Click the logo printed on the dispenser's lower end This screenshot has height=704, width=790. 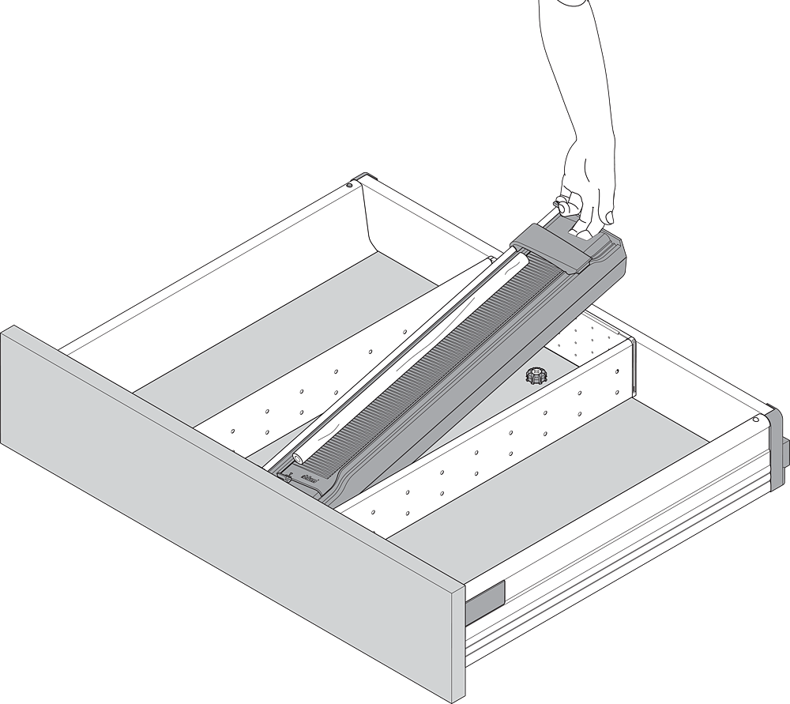[310, 476]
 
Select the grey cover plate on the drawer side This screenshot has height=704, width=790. [483, 600]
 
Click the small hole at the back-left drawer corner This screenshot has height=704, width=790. [349, 186]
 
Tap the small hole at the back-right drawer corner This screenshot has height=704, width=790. [756, 420]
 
